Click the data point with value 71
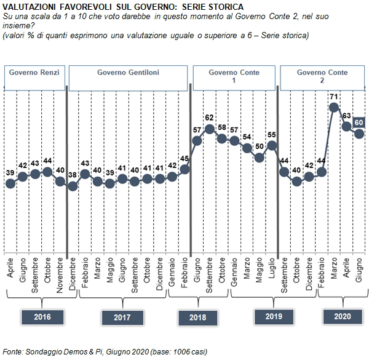(x=334, y=108)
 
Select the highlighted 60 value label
(x=359, y=122)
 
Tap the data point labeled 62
(x=210, y=129)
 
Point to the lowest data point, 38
(x=73, y=186)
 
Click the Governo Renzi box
(x=34, y=78)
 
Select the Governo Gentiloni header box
(x=129, y=78)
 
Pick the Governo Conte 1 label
(x=234, y=76)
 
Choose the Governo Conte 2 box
(x=322, y=78)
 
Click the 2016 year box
(x=42, y=317)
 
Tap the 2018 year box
(x=197, y=318)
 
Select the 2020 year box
(x=343, y=317)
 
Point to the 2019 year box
(x=274, y=317)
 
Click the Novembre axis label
(x=60, y=275)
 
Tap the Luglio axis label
(x=272, y=268)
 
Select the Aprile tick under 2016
(x=10, y=268)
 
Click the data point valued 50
(x=260, y=158)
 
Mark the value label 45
(x=184, y=158)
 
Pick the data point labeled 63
(x=346, y=127)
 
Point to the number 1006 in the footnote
(x=181, y=352)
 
